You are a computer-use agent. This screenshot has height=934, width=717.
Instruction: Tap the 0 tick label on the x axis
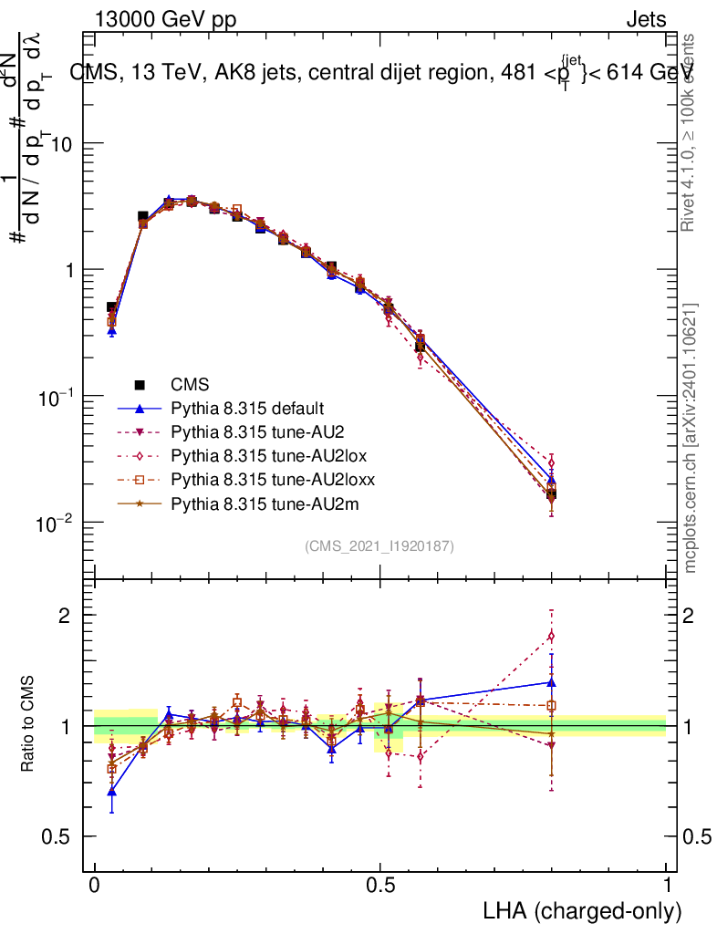pos(95,886)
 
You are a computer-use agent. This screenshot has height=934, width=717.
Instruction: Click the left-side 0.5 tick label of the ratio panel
pos(58,836)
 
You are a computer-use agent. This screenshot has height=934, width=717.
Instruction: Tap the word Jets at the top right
pos(645,19)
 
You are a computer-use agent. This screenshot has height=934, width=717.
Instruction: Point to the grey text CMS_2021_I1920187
pos(379,545)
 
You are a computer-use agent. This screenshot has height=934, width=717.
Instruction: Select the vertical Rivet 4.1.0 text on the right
pos(691,132)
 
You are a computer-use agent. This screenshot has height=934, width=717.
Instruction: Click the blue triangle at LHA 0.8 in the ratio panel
pos(551,681)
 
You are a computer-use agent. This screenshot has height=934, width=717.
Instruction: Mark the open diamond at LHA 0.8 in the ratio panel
pos(551,636)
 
